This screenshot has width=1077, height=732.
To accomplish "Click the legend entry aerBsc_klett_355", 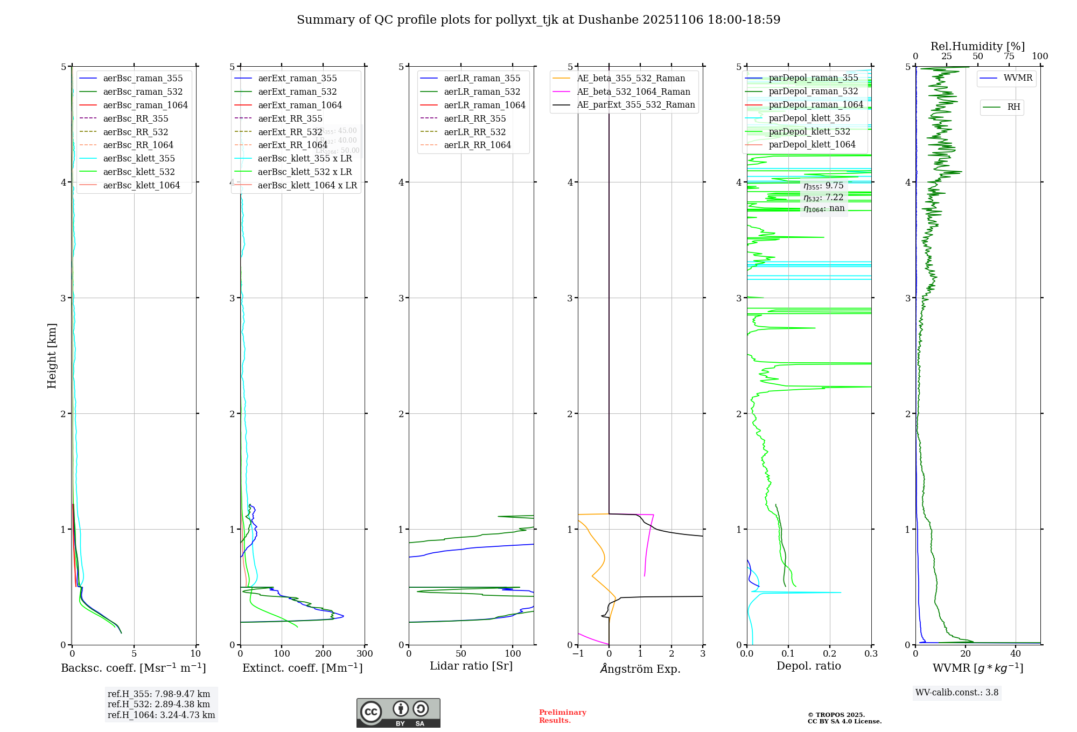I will point(139,158).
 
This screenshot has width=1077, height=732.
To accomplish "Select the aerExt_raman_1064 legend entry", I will point(299,105).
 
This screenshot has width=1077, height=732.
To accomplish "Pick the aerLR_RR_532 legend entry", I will point(474,132).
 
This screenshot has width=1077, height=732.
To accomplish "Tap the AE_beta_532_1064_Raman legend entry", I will point(633,91).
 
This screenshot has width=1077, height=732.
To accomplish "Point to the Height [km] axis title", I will point(52,356).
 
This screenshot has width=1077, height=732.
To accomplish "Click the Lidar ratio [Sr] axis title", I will point(471,666).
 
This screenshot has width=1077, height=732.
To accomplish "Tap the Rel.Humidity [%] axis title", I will point(977,46).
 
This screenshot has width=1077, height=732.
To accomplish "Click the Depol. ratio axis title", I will point(808,666).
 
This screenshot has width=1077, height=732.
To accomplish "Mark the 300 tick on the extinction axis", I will point(365,654).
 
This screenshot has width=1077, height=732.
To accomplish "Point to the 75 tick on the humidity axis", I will point(1009,57).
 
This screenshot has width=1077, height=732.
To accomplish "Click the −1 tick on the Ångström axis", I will point(578,654).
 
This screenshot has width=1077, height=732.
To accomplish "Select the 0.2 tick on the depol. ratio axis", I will point(830,654).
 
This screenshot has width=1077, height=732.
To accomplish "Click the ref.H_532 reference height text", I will point(158,705).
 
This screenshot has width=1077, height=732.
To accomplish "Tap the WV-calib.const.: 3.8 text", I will point(957,693).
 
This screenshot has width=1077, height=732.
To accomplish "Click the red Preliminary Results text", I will point(562,716).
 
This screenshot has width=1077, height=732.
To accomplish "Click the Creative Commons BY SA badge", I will point(398,713).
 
